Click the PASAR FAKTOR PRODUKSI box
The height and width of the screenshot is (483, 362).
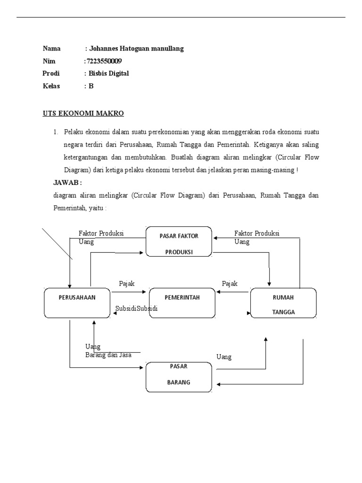click(179, 242)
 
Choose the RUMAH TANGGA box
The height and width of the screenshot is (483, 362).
click(283, 303)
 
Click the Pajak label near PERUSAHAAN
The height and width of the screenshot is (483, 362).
click(127, 283)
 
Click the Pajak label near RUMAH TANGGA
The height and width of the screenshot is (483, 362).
click(230, 283)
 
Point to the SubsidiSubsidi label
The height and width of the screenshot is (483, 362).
click(136, 308)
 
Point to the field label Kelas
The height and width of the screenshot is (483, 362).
click(52, 86)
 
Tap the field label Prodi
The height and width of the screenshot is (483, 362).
click(51, 73)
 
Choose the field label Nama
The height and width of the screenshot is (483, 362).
click(52, 49)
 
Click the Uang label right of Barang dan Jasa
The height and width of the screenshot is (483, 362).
click(224, 357)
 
